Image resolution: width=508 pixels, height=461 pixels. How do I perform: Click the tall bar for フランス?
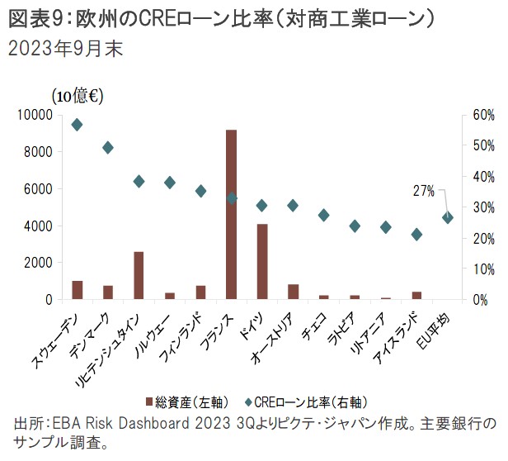pyautogui.click(x=232, y=215)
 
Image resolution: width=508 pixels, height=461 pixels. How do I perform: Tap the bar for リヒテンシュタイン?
pyautogui.click(x=139, y=275)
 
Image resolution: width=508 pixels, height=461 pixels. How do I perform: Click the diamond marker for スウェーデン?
pyautogui.click(x=77, y=125)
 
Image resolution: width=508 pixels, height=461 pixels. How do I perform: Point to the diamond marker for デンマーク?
pyautogui.click(x=108, y=148)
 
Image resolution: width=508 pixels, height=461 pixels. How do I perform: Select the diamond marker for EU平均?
pyautogui.click(x=447, y=217)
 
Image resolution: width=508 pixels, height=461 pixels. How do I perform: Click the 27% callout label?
pyautogui.click(x=423, y=191)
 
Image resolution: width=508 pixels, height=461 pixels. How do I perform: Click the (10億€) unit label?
pyautogui.click(x=77, y=96)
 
